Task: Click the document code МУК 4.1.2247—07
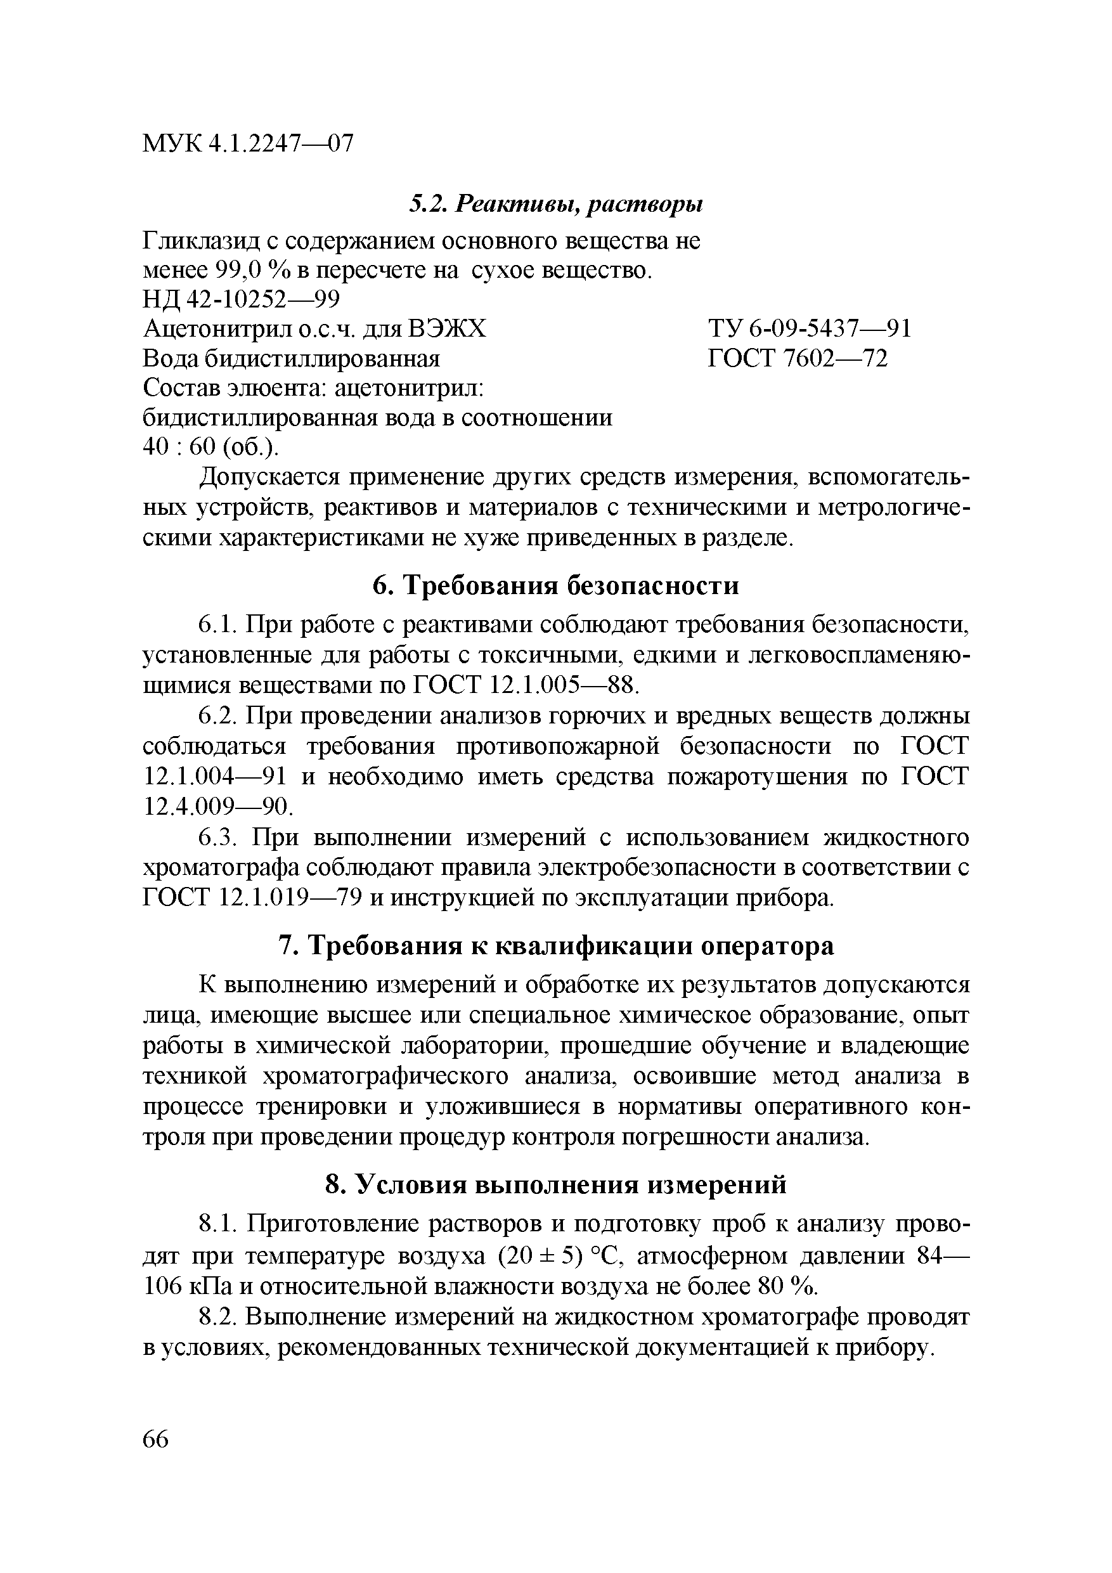[x=248, y=144]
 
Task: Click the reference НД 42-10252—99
[x=241, y=299]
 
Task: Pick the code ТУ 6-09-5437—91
[x=810, y=329]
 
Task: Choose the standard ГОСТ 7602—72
[x=798, y=358]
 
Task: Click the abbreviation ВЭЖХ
[x=447, y=329]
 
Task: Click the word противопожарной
[x=551, y=746]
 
